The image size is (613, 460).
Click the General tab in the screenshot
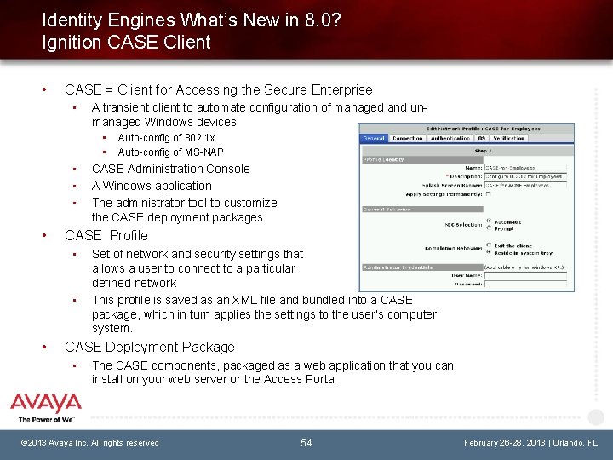point(374,138)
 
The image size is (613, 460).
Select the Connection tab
point(408,138)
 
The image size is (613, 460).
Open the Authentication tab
point(450,138)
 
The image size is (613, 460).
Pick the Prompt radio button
point(488,228)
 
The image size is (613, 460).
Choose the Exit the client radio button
point(488,247)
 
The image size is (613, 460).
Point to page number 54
point(306,442)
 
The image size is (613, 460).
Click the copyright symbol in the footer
point(26,443)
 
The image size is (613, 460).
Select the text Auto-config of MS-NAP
point(170,152)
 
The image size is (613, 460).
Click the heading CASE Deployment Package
point(150,347)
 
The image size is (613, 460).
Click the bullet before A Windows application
point(75,186)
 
